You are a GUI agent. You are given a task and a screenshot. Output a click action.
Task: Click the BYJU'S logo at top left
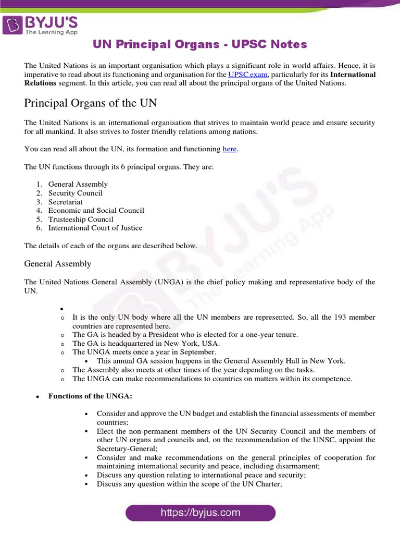(41, 25)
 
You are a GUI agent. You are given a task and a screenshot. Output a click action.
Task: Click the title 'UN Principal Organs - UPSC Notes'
(200, 44)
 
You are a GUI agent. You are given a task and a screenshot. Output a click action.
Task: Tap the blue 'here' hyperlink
(230, 149)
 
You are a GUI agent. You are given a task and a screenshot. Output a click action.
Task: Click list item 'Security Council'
(76, 193)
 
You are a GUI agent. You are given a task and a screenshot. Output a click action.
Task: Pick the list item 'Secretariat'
(66, 202)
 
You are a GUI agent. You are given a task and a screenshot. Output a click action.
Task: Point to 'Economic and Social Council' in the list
(96, 211)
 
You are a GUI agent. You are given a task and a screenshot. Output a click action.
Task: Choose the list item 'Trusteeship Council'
(81, 220)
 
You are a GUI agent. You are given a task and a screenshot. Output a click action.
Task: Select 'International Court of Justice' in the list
(95, 228)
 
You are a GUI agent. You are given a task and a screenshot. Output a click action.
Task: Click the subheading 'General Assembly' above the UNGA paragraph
(58, 264)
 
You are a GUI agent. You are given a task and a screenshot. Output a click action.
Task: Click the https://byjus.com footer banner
(200, 513)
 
